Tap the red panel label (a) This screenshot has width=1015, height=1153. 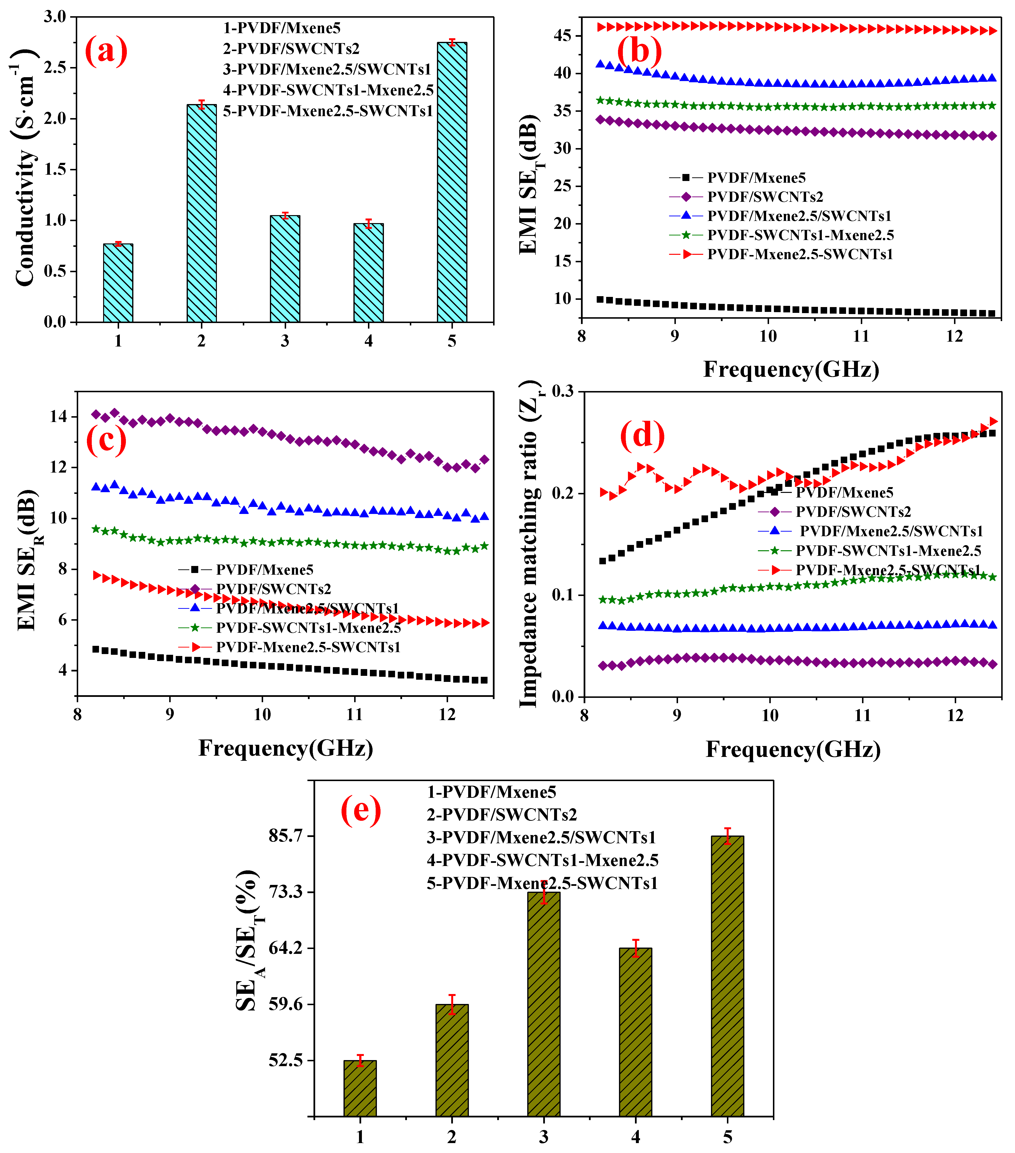point(106,51)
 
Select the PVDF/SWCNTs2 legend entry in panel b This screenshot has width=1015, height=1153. point(764,197)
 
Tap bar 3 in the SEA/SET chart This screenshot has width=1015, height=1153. point(543,1004)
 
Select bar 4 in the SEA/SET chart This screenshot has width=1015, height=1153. point(635,1032)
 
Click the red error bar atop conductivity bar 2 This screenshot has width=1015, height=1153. point(201,104)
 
